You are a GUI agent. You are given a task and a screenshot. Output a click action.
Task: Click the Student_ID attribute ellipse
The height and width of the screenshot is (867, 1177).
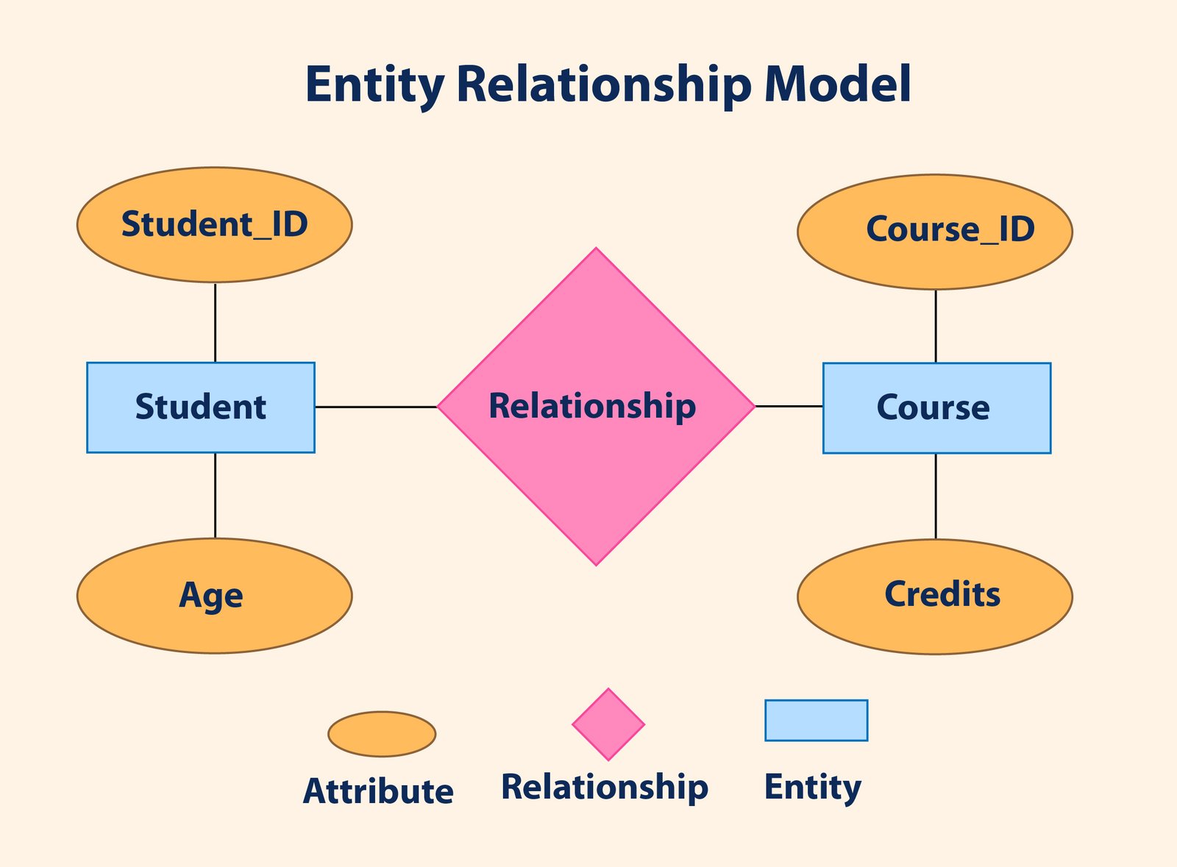214,224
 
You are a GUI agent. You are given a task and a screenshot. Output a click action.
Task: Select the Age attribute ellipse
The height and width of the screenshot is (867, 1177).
214,596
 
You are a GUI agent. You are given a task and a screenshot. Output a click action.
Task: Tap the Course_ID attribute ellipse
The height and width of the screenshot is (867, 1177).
934,232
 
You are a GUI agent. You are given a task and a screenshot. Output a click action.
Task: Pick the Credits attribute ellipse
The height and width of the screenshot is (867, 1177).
934,596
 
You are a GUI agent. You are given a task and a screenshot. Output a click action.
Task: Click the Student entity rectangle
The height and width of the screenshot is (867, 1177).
201,407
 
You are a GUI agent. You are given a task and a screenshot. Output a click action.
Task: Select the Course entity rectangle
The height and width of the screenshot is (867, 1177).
936,408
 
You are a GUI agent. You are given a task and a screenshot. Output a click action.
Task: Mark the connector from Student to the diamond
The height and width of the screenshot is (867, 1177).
376,407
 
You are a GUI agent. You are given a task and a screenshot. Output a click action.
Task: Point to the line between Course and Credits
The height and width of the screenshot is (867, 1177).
936,496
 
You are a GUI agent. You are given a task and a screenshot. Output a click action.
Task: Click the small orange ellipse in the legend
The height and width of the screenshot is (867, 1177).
382,734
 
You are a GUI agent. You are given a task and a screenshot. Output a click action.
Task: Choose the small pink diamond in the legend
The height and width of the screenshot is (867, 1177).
608,724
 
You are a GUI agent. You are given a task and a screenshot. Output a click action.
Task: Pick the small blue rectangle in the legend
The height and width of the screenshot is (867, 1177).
816,720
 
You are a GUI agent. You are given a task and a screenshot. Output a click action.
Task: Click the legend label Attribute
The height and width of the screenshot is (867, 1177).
378,792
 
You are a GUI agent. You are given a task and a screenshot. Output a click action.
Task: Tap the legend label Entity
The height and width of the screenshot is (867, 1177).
812,787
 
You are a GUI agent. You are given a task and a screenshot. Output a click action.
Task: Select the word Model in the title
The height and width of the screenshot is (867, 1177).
838,85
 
